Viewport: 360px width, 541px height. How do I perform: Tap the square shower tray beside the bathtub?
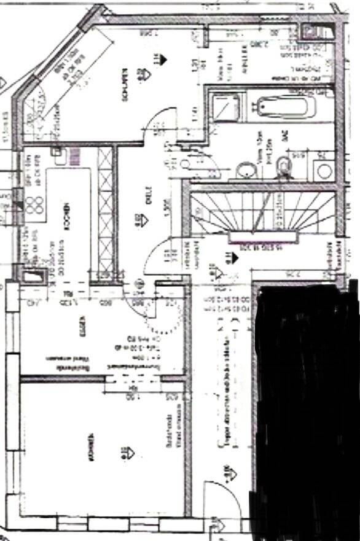219,109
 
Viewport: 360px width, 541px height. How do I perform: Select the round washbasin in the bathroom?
246,169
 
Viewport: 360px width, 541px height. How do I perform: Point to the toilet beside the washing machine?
283,165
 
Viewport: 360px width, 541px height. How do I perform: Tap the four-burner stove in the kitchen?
34,203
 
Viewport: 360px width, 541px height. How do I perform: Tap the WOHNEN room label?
91,447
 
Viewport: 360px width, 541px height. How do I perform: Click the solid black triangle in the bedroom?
163,59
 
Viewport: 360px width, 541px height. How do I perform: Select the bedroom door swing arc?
157,120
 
